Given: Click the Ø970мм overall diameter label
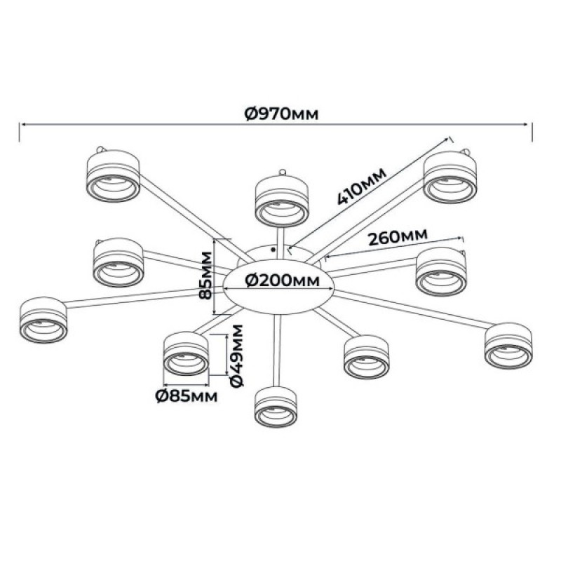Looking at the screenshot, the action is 281,114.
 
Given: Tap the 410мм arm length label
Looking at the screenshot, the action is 362,186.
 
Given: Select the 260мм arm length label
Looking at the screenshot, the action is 398,237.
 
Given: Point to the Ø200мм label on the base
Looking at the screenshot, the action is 283,280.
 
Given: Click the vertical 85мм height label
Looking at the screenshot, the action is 205,275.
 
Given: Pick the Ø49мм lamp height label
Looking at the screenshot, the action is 236,356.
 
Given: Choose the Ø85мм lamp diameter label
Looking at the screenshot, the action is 187,396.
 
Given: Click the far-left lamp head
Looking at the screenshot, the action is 43,320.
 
